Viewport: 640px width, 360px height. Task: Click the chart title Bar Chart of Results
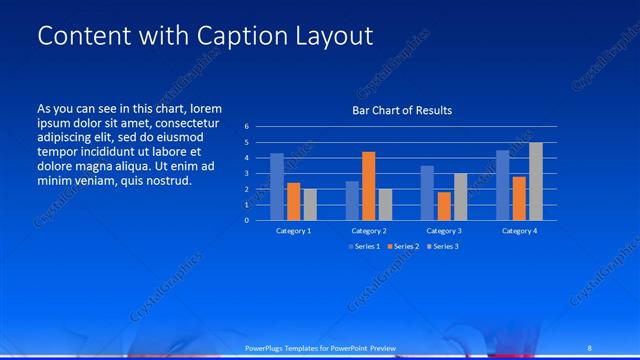pos(401,109)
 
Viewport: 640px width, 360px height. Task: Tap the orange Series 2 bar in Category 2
pos(369,186)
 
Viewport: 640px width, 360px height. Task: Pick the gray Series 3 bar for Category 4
pos(536,181)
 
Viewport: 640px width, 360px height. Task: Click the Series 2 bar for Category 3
pos(444,206)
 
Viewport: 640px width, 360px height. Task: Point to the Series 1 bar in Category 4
pos(503,185)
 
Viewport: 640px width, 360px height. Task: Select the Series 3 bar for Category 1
pos(310,204)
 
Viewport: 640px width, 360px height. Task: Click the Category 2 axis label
pos(369,231)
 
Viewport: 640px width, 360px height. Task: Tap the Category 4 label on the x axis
pos(519,231)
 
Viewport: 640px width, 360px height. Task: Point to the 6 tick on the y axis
pos(246,127)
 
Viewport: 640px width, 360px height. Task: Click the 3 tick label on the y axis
pos(246,173)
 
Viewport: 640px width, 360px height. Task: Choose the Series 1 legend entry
pos(365,246)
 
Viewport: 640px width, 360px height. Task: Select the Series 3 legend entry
pos(442,246)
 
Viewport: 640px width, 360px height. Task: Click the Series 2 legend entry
pos(403,246)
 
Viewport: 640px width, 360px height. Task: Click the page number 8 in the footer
pos(590,347)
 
